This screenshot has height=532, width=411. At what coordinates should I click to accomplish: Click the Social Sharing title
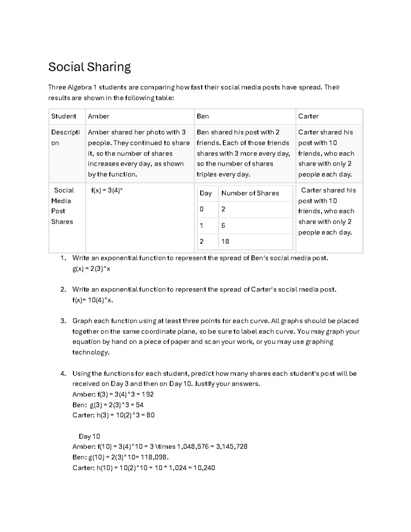click(89, 67)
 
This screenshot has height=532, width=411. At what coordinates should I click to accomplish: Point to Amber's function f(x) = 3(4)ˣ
click(107, 190)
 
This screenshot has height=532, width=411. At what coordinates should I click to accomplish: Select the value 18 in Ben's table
click(225, 242)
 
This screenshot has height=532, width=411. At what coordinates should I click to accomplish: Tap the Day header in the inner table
click(206, 193)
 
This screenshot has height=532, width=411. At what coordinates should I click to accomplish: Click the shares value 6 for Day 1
click(223, 225)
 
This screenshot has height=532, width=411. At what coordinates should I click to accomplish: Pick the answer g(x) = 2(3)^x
click(91, 269)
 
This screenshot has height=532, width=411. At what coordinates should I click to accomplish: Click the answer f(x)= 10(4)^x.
click(92, 300)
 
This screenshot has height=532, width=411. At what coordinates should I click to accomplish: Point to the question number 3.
click(63, 321)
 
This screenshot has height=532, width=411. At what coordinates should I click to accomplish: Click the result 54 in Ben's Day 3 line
click(139, 405)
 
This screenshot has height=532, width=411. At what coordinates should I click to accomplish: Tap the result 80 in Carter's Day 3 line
click(150, 415)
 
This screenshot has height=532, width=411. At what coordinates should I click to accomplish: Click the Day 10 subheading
click(89, 436)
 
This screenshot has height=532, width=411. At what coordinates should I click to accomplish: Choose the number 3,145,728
click(232, 447)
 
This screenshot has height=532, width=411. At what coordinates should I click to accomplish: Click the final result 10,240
click(204, 468)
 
